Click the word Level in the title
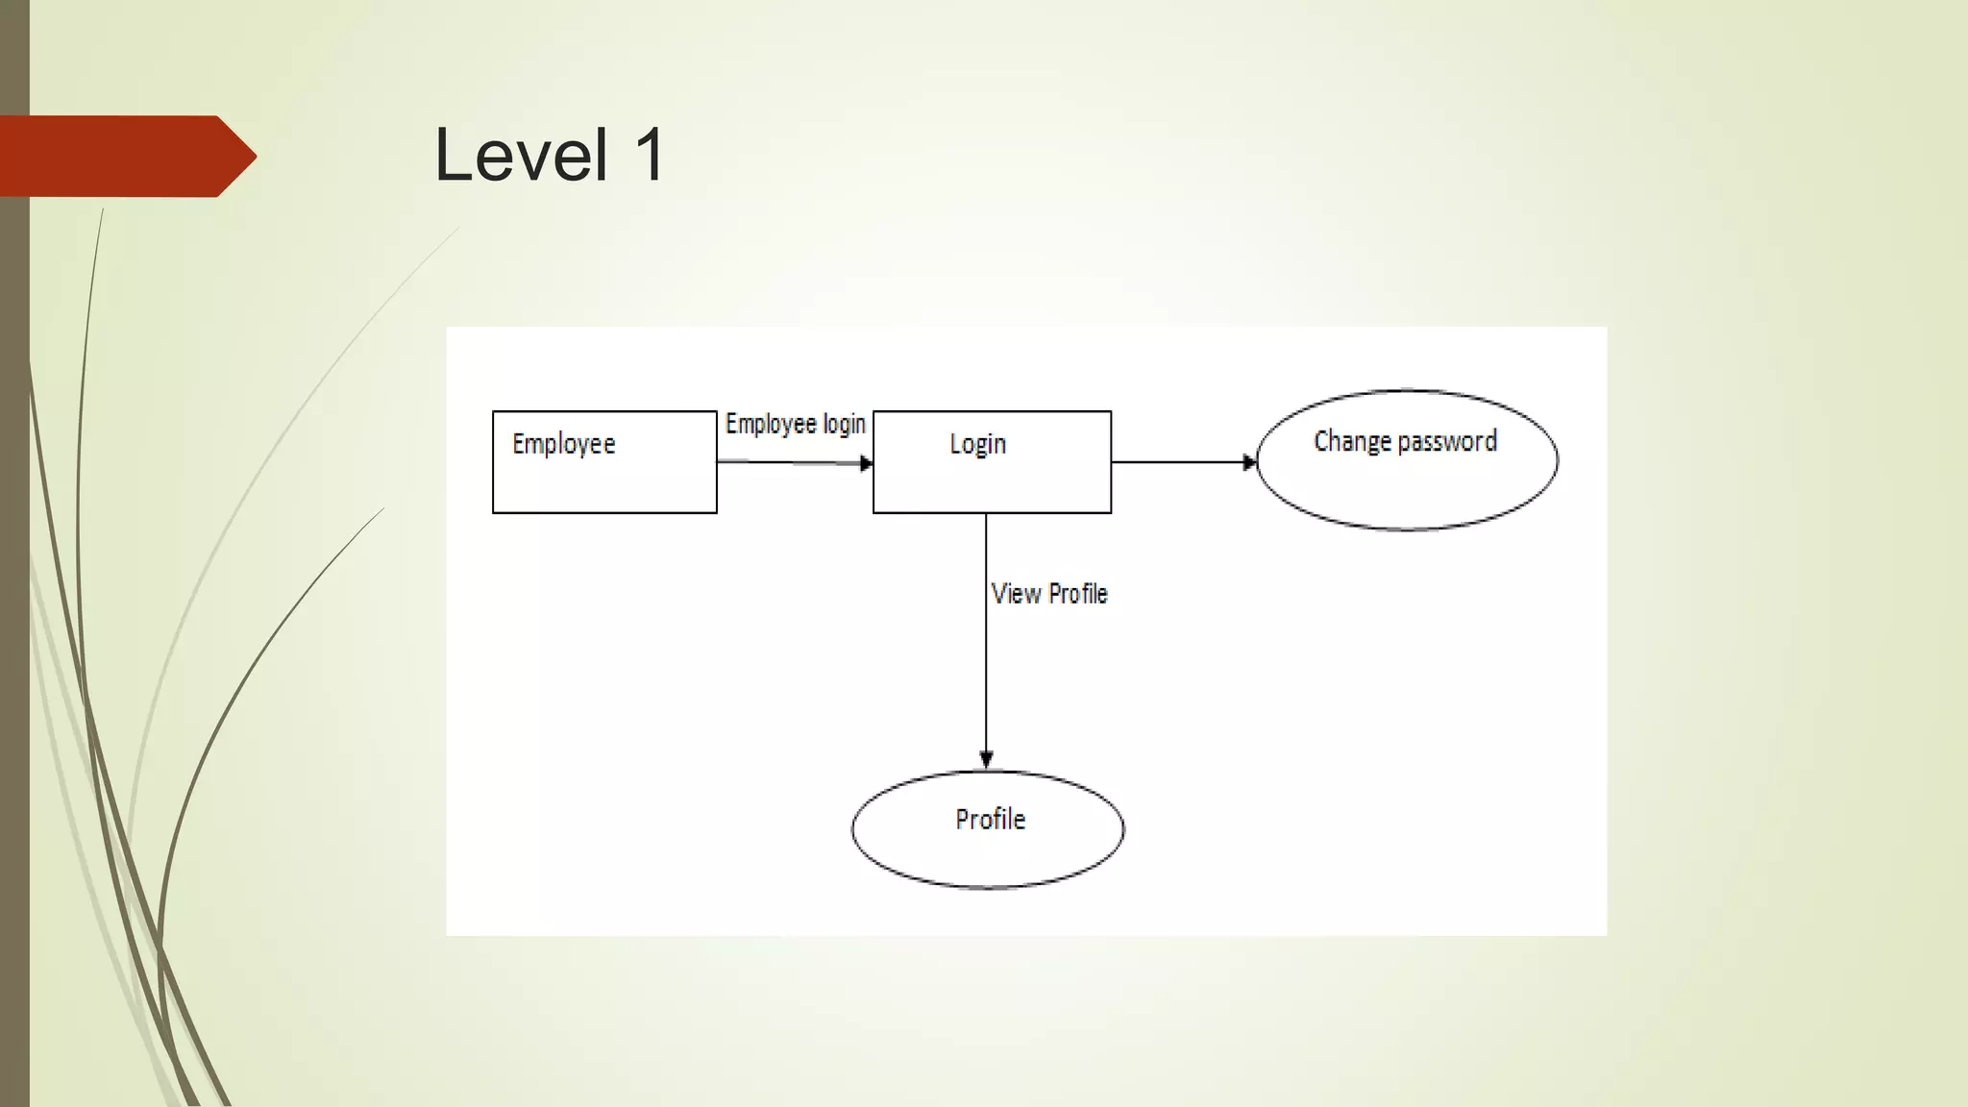[521, 156]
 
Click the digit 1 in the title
[650, 156]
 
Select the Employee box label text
[564, 444]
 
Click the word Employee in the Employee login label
[771, 424]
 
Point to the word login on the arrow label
[845, 424]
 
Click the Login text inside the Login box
[977, 444]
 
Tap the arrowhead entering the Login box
[867, 463]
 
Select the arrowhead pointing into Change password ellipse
[1249, 462]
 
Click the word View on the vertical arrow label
[1016, 594]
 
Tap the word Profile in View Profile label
[1078, 594]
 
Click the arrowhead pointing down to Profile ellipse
[986, 759]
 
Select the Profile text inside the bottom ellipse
[990, 819]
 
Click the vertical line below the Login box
[986, 673]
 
